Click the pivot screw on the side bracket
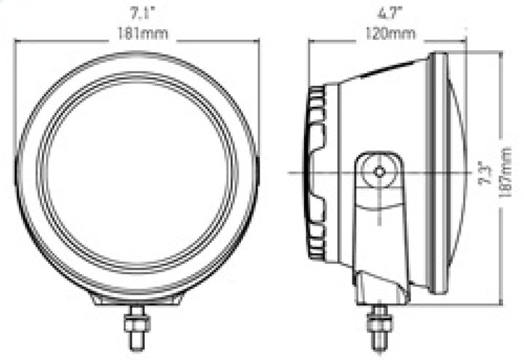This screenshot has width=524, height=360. pyautogui.click(x=379, y=172)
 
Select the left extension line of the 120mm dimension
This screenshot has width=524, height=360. pyautogui.click(x=309, y=65)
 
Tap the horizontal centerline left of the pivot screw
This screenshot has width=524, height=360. pyautogui.click(x=327, y=172)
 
